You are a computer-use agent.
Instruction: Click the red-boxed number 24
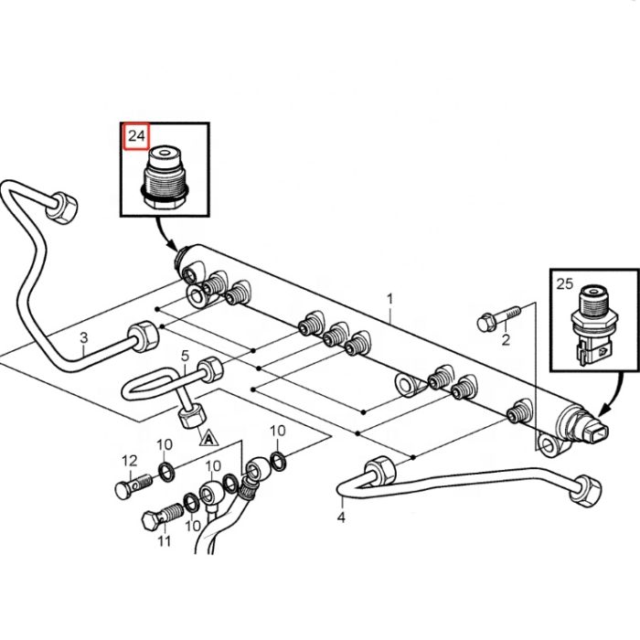point(136,137)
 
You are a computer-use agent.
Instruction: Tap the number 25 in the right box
point(565,284)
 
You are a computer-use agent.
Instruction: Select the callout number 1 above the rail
point(390,298)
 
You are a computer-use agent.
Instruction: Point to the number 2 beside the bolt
point(505,341)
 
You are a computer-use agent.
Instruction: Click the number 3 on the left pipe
point(84,338)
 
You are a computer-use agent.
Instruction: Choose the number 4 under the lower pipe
point(341,517)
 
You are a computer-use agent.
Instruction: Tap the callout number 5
point(184,355)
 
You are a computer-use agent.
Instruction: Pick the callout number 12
point(129,460)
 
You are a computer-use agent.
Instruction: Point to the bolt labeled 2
point(495,317)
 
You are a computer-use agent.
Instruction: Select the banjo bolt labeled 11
point(156,520)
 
